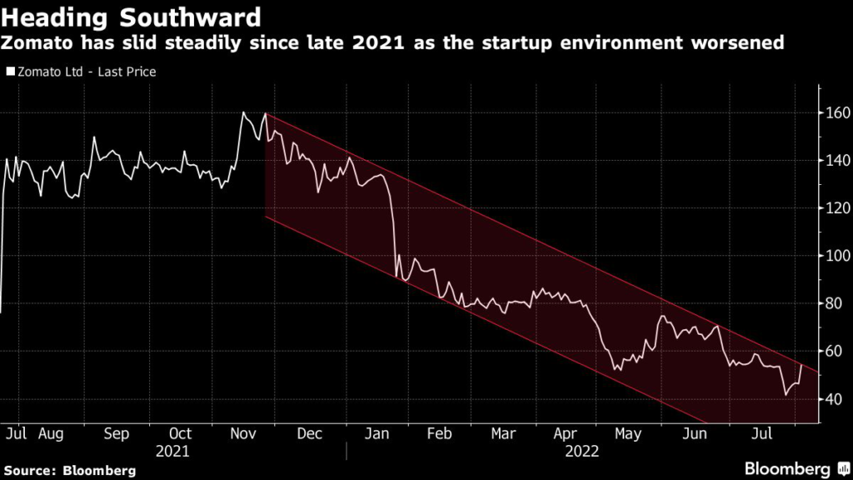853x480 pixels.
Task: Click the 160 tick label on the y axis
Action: tap(835, 112)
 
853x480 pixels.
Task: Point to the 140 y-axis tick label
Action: tap(835, 160)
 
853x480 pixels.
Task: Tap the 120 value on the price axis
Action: tap(835, 208)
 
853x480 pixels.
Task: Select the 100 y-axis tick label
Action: tap(835, 256)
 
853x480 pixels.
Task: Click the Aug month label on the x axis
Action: tap(51, 434)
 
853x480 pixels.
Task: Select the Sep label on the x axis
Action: tap(117, 434)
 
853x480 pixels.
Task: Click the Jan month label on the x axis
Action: tap(377, 434)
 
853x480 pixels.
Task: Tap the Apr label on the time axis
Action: tap(565, 434)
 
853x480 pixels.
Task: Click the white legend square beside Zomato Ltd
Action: tap(10, 72)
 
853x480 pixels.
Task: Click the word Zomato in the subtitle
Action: tap(42, 42)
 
